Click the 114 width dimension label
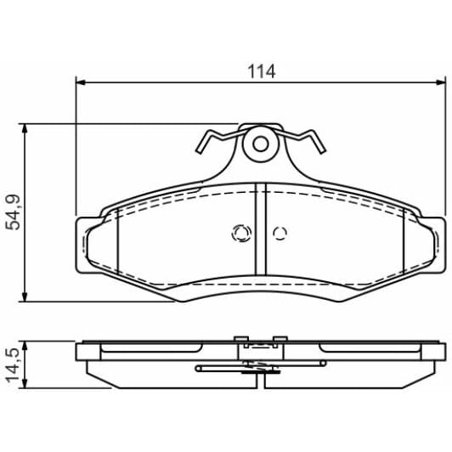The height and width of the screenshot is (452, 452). click(262, 71)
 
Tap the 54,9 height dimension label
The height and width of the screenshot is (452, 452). click(13, 212)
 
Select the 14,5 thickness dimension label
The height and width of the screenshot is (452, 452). click(13, 364)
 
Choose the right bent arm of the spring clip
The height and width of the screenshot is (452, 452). click(311, 143)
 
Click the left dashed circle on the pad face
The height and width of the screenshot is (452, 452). click(240, 233)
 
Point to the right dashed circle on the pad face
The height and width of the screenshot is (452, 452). click(280, 233)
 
